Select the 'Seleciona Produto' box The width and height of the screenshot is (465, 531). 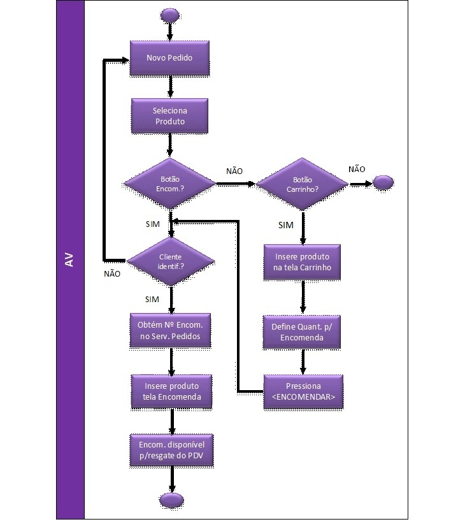169,115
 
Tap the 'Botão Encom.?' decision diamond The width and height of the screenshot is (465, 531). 169,184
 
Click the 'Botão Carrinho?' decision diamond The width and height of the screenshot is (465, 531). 303,184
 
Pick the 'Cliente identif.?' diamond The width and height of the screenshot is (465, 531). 170,260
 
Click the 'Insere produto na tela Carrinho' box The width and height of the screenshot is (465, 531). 303,261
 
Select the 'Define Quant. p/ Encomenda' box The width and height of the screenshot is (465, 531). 303,331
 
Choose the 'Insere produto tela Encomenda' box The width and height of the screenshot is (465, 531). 171,391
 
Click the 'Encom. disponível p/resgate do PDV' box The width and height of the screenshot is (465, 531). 171,451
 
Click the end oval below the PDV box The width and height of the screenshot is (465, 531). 170,499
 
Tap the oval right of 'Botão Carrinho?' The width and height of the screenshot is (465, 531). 383,183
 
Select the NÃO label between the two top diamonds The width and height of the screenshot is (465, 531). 234,171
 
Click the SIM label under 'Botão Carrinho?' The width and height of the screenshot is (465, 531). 286,226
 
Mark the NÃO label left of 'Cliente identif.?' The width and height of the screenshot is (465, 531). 112,273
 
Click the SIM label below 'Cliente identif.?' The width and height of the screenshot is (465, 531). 152,299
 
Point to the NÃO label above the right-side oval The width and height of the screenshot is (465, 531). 357,169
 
